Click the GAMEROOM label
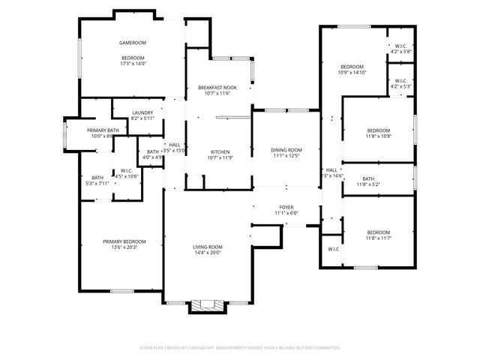click(x=132, y=43)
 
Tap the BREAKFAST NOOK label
click(x=217, y=88)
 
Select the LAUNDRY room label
click(x=142, y=112)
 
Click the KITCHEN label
click(x=219, y=151)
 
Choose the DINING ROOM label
click(x=286, y=150)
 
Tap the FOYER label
click(x=286, y=207)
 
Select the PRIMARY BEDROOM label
click(x=124, y=241)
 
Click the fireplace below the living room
click(x=205, y=305)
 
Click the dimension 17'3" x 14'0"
click(x=132, y=64)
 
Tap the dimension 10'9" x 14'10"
click(x=352, y=73)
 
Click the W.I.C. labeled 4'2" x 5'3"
click(x=400, y=83)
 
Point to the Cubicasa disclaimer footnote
click(x=240, y=347)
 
